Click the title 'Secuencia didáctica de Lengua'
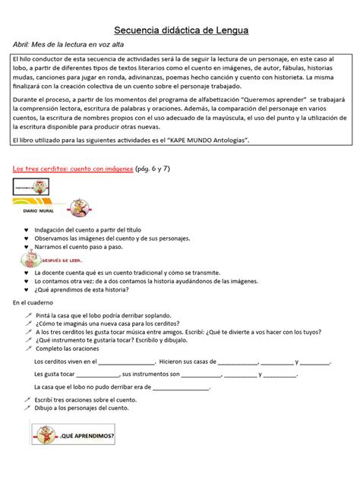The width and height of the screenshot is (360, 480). (x=181, y=30)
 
